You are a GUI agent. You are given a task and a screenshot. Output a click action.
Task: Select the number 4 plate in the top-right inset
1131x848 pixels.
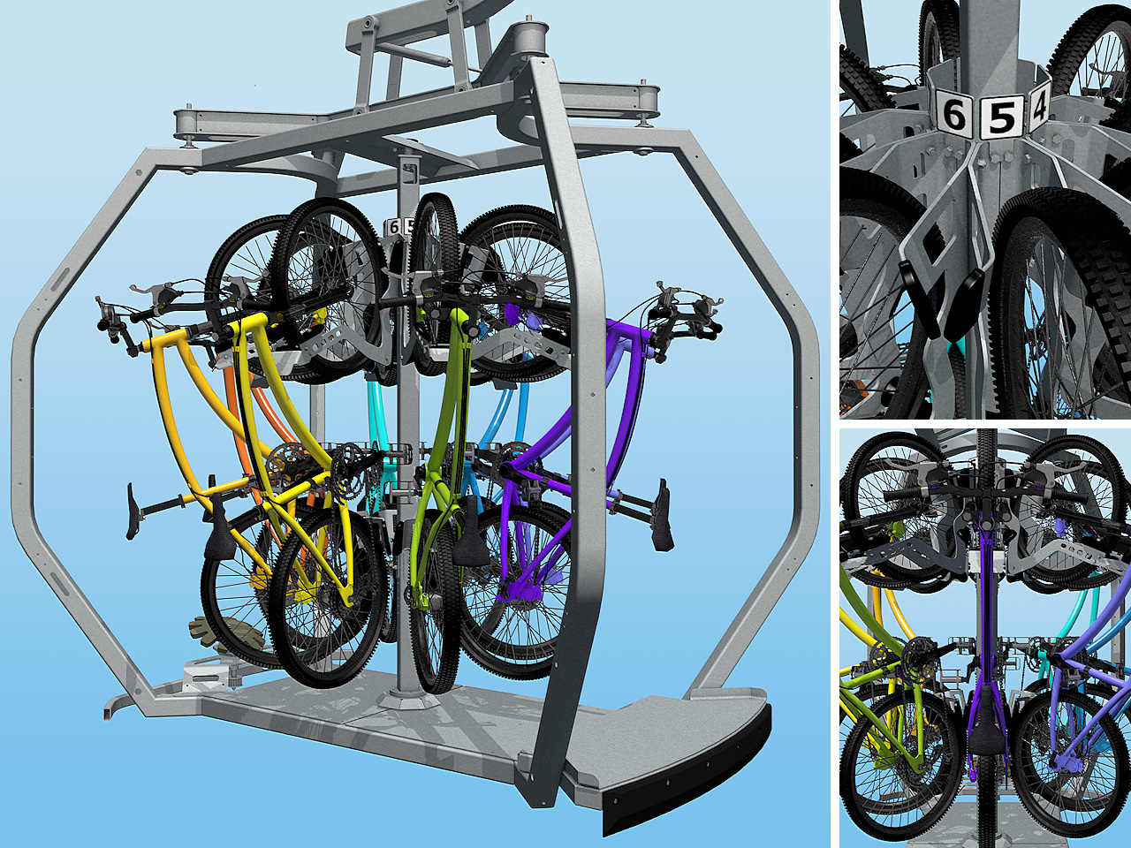pos(1038,108)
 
